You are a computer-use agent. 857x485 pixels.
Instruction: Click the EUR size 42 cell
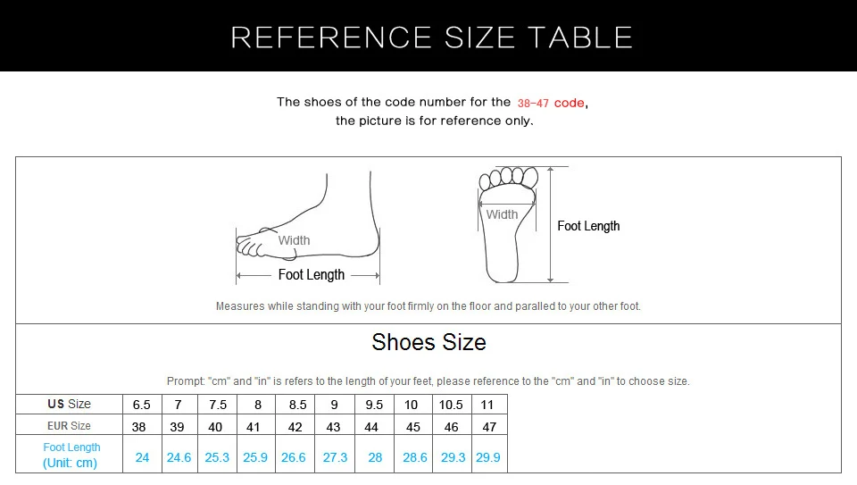(295, 427)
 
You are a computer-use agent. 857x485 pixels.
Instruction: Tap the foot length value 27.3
(335, 457)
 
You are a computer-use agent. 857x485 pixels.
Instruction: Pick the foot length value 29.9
(488, 457)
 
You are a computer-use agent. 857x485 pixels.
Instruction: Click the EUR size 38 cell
(139, 427)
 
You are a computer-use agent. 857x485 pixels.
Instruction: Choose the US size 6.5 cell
(141, 405)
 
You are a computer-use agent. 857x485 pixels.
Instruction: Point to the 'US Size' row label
(70, 404)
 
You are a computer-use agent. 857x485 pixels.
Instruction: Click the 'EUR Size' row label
(70, 426)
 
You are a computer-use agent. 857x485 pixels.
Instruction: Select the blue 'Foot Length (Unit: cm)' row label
(71, 455)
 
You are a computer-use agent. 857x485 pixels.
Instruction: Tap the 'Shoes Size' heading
(428, 342)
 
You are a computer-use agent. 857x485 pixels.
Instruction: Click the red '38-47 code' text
(551, 103)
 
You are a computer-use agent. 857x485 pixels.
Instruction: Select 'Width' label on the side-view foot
(294, 240)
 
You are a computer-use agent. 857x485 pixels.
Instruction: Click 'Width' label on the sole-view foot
(502, 214)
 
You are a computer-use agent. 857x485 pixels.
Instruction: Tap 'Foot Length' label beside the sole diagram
(588, 226)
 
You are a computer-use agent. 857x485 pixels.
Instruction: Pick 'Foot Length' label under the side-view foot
(311, 275)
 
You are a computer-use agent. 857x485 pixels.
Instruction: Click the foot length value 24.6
(179, 457)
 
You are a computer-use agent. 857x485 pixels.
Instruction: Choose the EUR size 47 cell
(489, 427)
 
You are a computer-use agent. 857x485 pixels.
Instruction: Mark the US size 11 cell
(487, 405)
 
